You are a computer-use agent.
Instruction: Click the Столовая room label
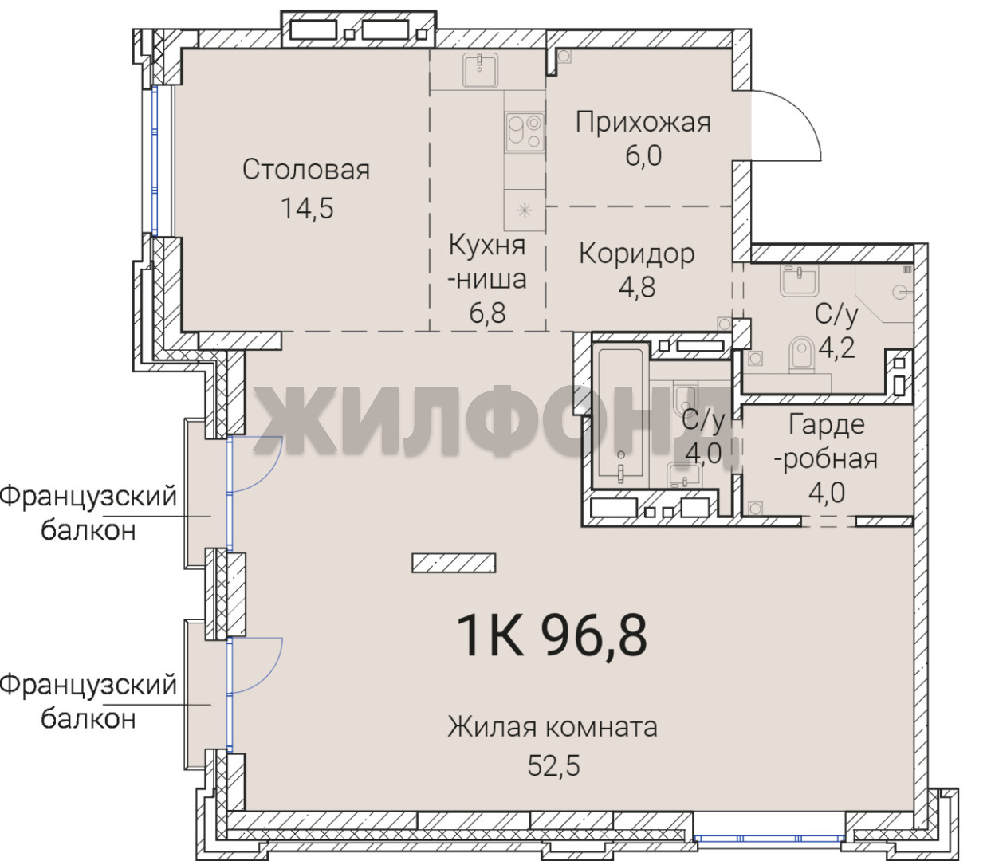pos(305,170)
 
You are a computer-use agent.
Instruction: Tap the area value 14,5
pos(307,209)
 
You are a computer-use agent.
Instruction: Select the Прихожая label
pos(643,123)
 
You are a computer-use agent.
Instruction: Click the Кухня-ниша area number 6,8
pos(487,313)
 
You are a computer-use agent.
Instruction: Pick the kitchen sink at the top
pos(480,71)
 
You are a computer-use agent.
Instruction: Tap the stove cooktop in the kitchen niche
pos(524,132)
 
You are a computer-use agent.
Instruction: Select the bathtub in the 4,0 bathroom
pos(620,416)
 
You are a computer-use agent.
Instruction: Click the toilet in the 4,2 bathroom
pos(802,354)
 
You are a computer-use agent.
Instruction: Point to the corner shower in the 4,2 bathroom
pos(884,293)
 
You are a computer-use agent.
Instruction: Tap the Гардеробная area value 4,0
pos(826,492)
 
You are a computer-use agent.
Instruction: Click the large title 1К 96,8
pos(552,635)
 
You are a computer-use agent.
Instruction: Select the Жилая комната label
pos(553,727)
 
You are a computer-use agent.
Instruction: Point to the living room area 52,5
pos(553,765)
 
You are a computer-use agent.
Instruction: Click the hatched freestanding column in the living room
pos(454,563)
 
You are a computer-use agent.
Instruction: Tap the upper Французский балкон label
pos(88,513)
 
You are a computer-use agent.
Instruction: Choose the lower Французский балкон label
pos(88,702)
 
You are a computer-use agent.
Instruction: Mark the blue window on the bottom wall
pos(769,837)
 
